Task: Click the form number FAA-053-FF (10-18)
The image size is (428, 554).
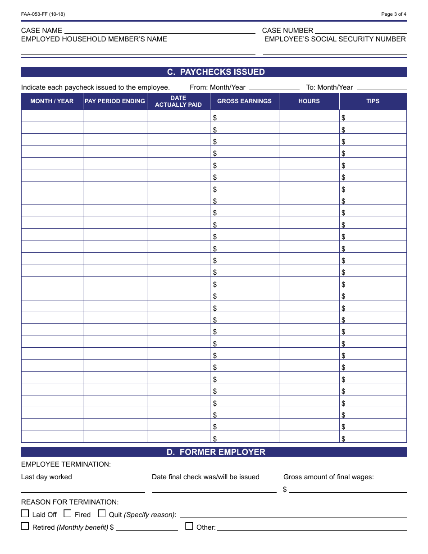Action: pyautogui.click(x=43, y=14)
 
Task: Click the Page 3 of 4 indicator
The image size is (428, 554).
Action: pyautogui.click(x=393, y=14)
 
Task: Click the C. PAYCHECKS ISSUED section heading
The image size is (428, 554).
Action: pyautogui.click(x=214, y=72)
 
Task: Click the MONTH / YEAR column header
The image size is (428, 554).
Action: pyautogui.click(x=52, y=101)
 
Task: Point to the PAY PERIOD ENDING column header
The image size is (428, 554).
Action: pyautogui.click(x=115, y=101)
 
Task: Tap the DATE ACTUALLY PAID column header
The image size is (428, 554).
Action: pyautogui.click(x=178, y=101)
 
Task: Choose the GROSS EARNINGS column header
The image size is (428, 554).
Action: pyautogui.click(x=244, y=101)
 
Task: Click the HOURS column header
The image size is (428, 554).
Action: pyautogui.click(x=309, y=101)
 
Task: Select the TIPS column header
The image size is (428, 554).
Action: pyautogui.click(x=373, y=101)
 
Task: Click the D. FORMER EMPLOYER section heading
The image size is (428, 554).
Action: pyautogui.click(x=214, y=452)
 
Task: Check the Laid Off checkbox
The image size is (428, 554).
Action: pyautogui.click(x=25, y=513)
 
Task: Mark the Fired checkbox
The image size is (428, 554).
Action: pyautogui.click(x=68, y=513)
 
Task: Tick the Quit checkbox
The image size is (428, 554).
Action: pyautogui.click(x=102, y=513)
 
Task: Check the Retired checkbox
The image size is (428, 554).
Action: pyautogui.click(x=25, y=526)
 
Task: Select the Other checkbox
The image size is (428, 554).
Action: pyautogui.click(x=189, y=526)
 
